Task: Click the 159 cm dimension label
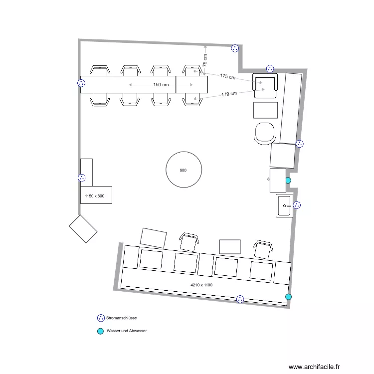[161, 85]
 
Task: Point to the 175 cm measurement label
[227, 77]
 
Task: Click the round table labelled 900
[184, 170]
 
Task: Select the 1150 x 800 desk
[96, 195]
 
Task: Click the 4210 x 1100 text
[201, 285]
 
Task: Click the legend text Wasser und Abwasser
[127, 331]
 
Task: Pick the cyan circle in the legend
[100, 331]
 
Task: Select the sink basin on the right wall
[285, 205]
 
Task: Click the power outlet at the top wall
[235, 48]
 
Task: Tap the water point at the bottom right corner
[288, 297]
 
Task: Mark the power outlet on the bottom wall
[240, 299]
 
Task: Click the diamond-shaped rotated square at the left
[83, 228]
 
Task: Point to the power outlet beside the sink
[297, 205]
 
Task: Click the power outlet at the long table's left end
[81, 83]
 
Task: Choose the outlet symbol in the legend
[100, 318]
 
